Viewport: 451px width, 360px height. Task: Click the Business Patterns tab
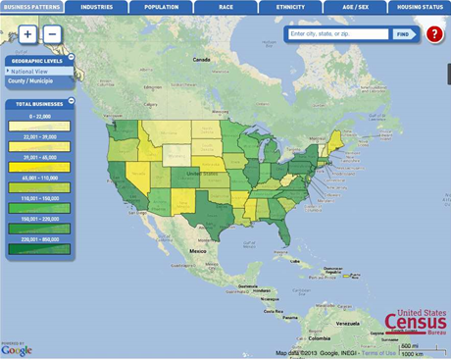(32, 7)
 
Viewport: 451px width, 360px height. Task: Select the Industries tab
(96, 7)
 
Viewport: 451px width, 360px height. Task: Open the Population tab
(161, 7)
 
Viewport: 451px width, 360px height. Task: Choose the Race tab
(225, 7)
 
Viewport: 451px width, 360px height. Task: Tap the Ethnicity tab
(289, 7)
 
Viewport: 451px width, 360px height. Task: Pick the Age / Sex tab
(354, 7)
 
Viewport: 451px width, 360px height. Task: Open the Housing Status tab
(419, 7)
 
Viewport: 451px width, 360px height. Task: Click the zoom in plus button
(27, 34)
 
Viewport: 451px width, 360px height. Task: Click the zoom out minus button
(52, 34)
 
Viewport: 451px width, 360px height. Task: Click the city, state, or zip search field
(338, 34)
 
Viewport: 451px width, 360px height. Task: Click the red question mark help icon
(434, 34)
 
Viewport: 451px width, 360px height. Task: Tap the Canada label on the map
(200, 60)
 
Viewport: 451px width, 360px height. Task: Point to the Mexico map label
(198, 251)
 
